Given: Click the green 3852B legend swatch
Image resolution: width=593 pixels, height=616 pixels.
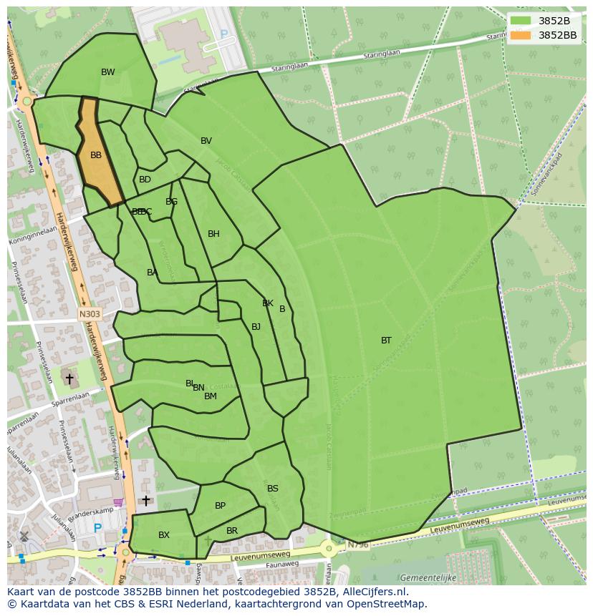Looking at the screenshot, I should pos(521,21).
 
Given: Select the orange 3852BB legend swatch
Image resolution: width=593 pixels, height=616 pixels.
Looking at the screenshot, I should pos(521,34).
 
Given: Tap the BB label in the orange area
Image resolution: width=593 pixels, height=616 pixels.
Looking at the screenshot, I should pos(96,155).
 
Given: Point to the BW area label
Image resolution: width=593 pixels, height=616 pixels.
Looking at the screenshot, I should pos(107,72).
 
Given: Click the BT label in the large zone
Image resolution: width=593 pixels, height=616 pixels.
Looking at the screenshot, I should pos(386,341).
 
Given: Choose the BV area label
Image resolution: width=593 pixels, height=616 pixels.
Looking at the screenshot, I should pos(206,141).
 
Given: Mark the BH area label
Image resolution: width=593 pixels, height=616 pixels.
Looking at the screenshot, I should pos(213,234).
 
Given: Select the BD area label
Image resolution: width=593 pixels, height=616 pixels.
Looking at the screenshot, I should pos(145,180).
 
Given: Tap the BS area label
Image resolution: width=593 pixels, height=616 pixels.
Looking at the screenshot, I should pos(272,489).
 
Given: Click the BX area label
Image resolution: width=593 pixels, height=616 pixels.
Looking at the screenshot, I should pos(164,535).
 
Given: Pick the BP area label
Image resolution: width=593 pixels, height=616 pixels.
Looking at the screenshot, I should pos(220,506).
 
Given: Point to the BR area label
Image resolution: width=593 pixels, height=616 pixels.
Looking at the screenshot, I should pos(231,531).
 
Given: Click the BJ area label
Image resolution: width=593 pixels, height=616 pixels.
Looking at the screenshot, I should pos(256,327).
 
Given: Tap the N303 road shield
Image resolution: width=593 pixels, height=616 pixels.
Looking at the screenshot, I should pos(89,313).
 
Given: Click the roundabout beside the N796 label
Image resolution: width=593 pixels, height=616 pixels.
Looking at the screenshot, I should pos(329,549).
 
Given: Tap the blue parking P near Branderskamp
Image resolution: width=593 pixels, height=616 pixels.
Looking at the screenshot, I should pos(97,529).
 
